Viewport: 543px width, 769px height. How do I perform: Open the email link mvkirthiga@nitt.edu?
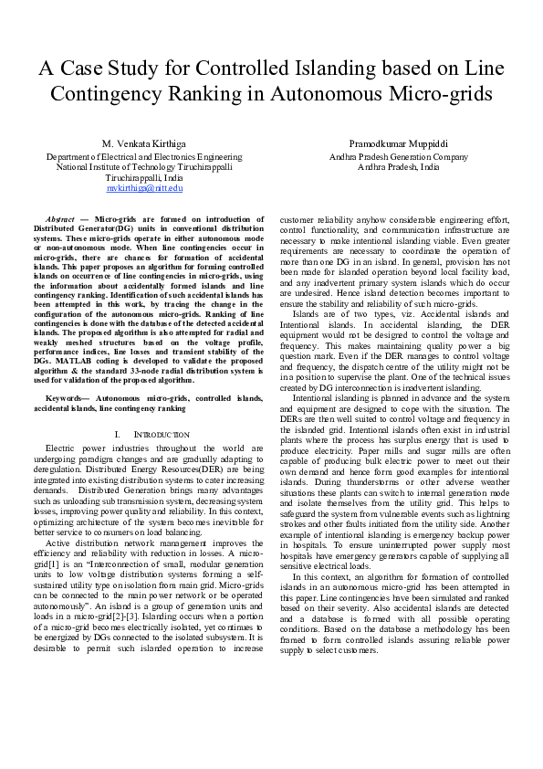pos(144,187)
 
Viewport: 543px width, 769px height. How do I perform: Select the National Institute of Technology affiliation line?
pos(144,167)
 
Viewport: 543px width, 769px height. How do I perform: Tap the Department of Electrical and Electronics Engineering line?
pos(144,157)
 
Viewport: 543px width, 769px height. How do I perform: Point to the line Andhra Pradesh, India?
pos(398,167)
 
